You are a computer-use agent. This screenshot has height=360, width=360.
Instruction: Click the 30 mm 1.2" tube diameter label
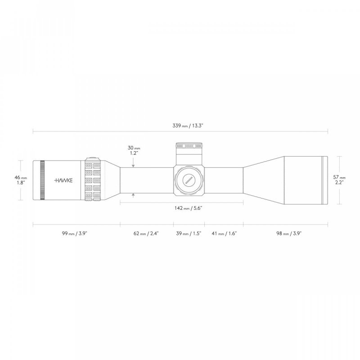134,150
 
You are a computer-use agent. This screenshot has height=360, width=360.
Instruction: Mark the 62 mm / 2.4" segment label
146,233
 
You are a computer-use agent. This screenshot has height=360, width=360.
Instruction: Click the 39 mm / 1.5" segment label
189,233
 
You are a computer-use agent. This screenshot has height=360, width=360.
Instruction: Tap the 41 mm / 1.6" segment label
224,233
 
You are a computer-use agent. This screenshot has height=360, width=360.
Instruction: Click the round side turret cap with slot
189,180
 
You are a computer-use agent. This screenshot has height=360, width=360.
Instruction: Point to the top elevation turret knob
189,146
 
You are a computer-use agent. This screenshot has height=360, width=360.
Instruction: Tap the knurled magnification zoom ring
93,180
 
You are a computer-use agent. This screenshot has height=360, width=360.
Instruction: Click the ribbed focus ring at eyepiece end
42,180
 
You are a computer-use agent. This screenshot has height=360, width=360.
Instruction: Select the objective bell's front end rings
325,180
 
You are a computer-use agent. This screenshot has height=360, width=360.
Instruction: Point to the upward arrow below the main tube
134,195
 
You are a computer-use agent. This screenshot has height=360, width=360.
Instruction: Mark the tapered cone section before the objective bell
263,180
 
